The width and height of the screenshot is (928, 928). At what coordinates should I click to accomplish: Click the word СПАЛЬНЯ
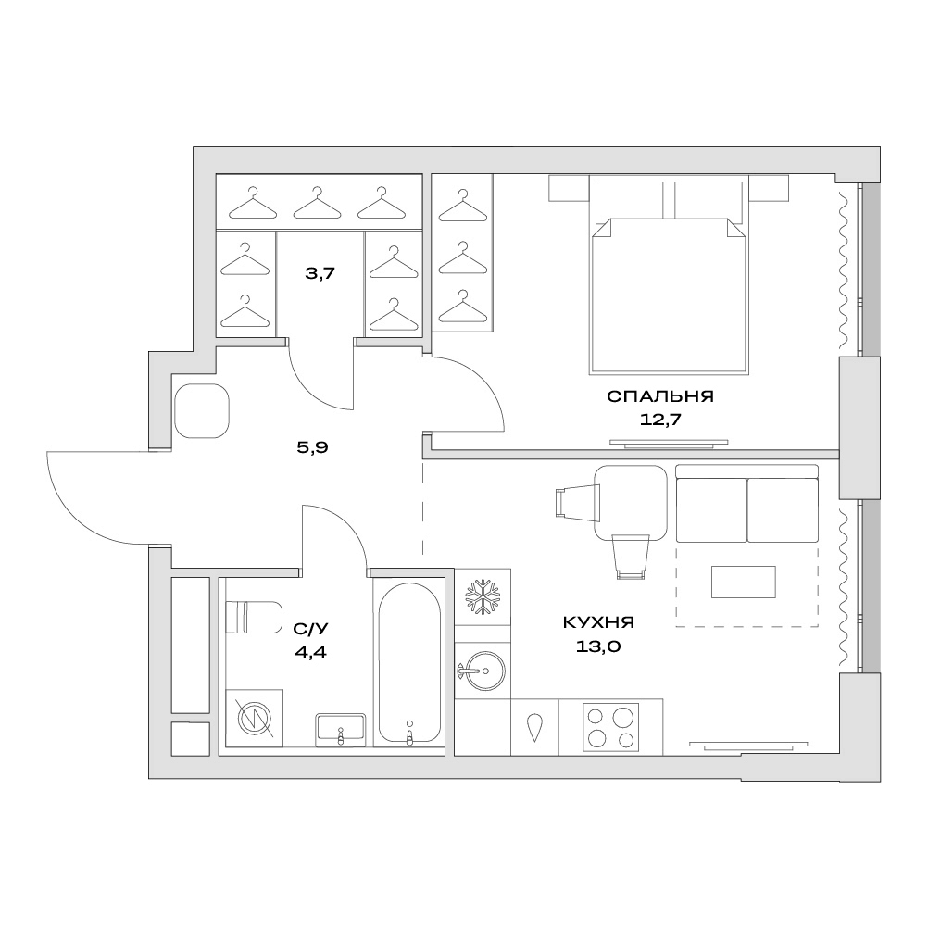coord(660,396)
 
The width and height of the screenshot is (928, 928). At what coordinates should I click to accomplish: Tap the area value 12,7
coord(660,420)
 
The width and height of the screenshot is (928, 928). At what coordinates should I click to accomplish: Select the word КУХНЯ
coord(597,622)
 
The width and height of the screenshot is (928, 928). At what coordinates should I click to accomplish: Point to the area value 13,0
coord(597,646)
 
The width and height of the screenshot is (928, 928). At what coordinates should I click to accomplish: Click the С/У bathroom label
coord(310,629)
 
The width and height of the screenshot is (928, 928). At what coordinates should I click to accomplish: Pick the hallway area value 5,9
coord(312,447)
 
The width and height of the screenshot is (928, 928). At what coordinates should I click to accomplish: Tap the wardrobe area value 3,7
coord(320,273)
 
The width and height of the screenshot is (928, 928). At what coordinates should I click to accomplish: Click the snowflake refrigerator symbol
coord(483,597)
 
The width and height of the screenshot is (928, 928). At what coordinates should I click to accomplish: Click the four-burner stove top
coord(610,727)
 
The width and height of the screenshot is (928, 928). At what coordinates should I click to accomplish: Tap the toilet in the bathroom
coord(255,617)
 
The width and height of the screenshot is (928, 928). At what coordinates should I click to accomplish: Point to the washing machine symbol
coord(255,719)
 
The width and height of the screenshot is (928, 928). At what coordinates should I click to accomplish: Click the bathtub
coord(409,663)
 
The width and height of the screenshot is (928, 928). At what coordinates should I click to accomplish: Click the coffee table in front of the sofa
coord(744,582)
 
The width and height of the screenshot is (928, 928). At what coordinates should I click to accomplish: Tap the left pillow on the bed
coord(629,199)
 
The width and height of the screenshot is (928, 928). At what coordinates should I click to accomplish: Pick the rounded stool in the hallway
coord(202,410)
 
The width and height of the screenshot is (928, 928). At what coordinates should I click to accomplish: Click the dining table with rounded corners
coord(631,503)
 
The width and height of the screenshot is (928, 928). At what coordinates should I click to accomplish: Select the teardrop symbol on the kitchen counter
coord(534,727)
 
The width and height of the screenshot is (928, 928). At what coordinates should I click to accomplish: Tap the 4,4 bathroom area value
coord(310,652)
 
